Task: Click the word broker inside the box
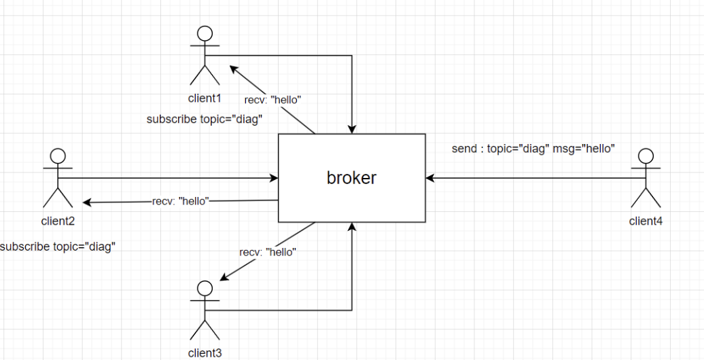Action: [351, 178]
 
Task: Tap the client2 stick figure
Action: [58, 178]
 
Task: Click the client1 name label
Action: [205, 97]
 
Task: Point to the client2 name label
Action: [58, 220]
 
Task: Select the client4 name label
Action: [646, 220]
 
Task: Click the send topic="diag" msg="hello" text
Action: [533, 148]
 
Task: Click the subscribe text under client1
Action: [205, 120]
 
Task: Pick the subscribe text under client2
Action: [57, 247]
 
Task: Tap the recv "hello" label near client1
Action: [272, 100]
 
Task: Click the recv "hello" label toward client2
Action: [179, 201]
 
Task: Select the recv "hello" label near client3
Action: [268, 252]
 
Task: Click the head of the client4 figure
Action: [646, 156]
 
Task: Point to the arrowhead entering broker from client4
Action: [429, 178]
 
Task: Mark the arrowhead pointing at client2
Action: [87, 202]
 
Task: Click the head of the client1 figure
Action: [205, 33]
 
